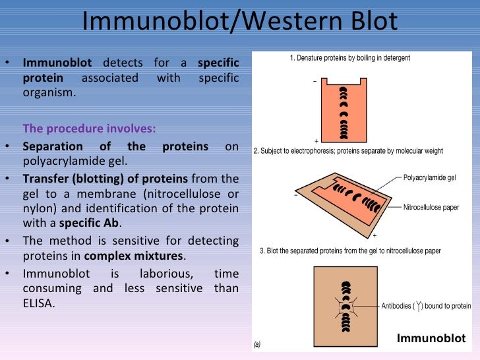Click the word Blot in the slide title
(369, 21)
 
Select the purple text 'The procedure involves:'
(90, 128)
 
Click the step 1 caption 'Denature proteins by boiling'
(349, 58)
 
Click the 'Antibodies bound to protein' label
(426, 306)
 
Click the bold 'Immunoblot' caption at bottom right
(431, 338)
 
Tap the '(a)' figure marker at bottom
(259, 344)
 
